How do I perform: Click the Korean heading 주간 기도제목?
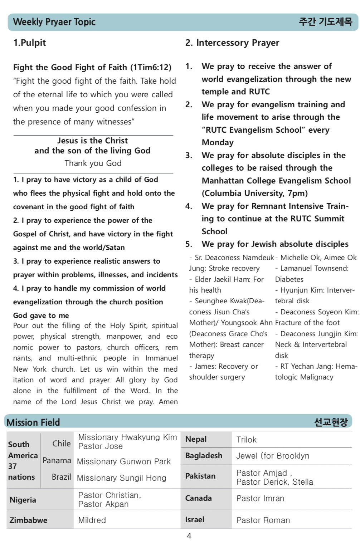coord(325,22)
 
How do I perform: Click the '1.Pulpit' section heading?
coord(30,43)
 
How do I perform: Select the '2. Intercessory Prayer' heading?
coord(232,43)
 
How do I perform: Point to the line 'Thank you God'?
coord(93,163)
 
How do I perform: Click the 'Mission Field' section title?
coord(33,422)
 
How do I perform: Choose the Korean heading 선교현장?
coord(331,422)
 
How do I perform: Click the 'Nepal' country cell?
coord(196,439)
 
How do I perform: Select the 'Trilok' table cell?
coord(247,440)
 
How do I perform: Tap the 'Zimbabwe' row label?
coord(28,520)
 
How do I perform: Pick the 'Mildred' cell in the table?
coord(92,520)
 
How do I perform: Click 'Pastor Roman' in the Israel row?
coord(263,520)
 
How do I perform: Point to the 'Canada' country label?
coord(198,498)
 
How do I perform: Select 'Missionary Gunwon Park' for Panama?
coord(124,461)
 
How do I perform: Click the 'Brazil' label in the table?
coord(62,477)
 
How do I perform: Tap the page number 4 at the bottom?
coord(189,536)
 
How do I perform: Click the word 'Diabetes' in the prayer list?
coord(289,279)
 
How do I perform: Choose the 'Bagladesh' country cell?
coord(204,456)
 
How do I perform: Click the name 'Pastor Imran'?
coord(260,498)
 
